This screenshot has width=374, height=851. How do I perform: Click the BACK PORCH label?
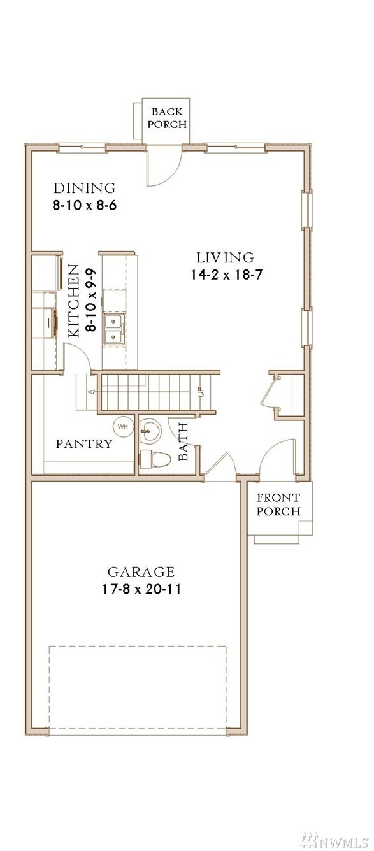point(167,118)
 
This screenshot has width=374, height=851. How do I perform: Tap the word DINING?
point(84,188)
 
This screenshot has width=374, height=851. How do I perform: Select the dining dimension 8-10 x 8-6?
point(84,206)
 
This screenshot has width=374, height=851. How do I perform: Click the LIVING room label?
point(225,257)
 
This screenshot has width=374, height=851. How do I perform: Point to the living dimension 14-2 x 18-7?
point(227,275)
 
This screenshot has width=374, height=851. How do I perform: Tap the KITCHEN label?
point(74,301)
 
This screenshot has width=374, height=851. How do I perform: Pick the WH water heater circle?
point(123,426)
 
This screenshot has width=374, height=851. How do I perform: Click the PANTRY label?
point(84,443)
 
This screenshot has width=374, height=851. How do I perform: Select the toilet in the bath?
point(154,459)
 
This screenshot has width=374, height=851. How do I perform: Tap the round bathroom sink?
point(150,431)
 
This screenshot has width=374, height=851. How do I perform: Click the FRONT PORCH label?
point(278,504)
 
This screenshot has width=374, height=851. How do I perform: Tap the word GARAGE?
point(141,572)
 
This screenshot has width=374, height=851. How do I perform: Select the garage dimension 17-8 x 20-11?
point(141,589)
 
